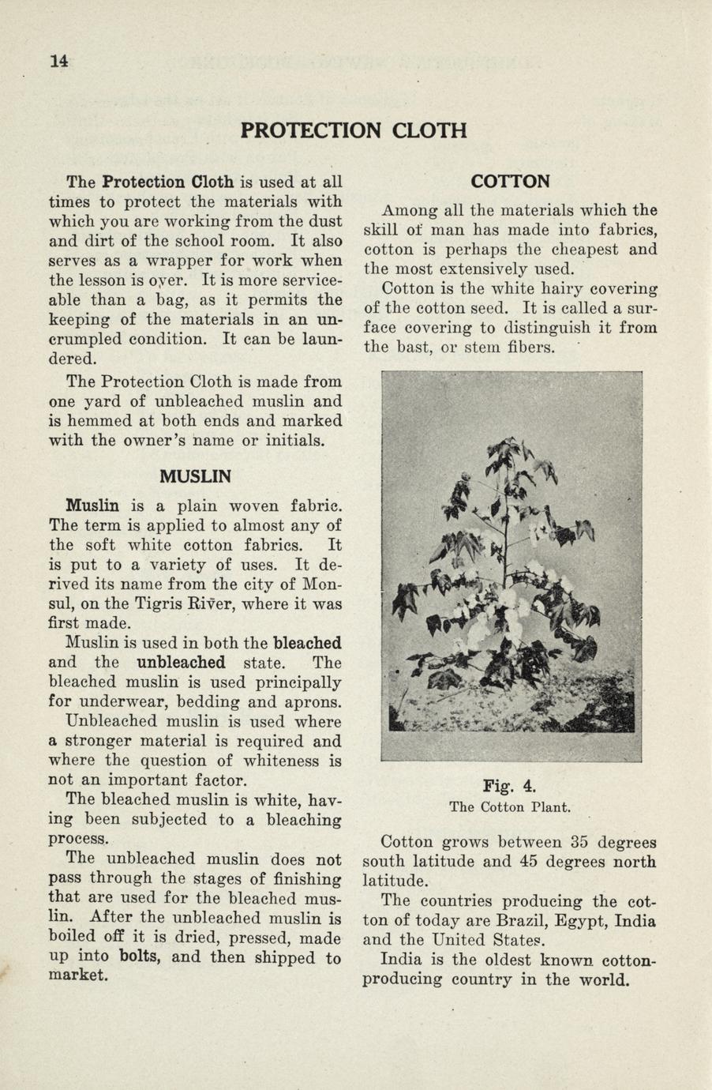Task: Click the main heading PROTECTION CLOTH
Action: (354, 130)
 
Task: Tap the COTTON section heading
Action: (510, 182)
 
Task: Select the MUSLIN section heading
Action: (195, 477)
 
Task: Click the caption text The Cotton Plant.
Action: (510, 807)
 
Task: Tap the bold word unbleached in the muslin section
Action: (181, 663)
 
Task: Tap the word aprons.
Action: (313, 702)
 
